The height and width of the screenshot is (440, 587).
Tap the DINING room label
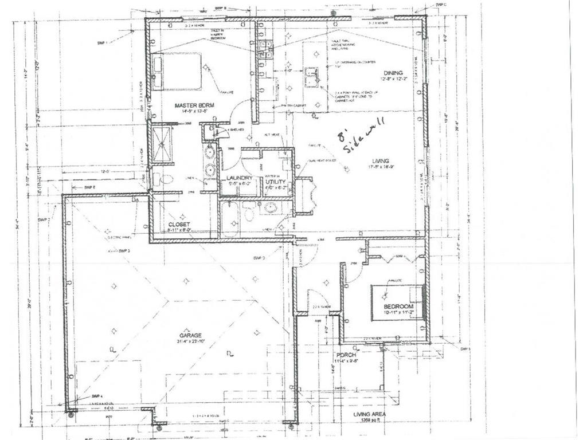pos(393,73)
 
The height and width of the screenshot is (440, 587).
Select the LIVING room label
pos(379,160)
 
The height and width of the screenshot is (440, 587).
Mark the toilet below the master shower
pos(165,179)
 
